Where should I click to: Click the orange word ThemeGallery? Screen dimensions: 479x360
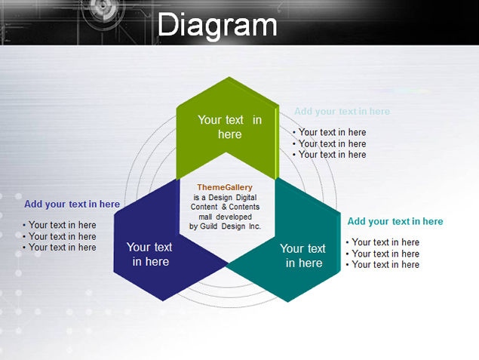point(225,187)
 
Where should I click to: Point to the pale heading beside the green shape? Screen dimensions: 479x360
point(342,111)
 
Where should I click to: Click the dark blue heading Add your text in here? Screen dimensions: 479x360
point(72,204)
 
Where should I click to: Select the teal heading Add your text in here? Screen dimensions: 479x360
point(395,221)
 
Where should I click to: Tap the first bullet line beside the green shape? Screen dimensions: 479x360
point(330,132)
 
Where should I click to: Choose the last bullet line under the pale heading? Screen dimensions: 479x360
point(330,155)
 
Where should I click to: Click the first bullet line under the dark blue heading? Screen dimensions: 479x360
point(60,225)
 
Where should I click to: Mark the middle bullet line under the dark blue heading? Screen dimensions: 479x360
point(60,236)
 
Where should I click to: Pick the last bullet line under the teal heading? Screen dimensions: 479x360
point(382,265)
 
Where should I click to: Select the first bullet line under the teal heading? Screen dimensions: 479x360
point(382,242)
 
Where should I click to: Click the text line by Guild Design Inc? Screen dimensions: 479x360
point(225,226)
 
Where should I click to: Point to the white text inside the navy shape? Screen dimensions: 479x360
point(149,254)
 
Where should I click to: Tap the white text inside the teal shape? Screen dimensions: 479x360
point(303,256)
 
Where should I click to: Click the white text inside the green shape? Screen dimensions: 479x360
point(230,127)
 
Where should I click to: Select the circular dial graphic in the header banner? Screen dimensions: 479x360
point(103,5)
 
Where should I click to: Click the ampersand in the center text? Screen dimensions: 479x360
point(224,207)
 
